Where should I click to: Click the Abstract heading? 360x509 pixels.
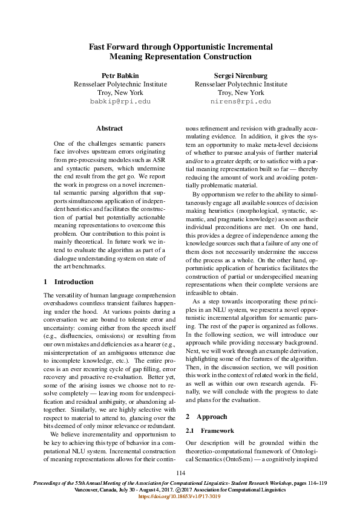110,128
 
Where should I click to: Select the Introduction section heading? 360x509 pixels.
74,282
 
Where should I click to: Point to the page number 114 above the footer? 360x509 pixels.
180,473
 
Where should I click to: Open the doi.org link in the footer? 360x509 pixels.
180,496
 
